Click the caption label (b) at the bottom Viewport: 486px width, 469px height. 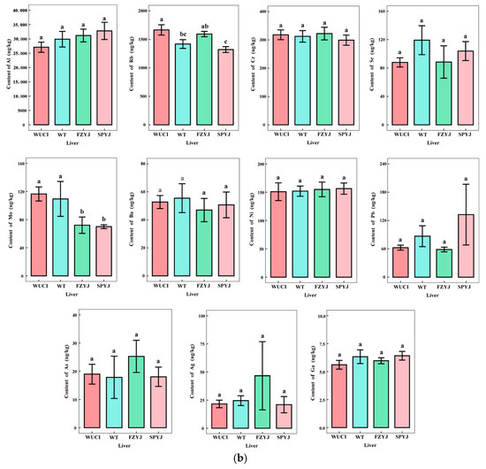[243, 461]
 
